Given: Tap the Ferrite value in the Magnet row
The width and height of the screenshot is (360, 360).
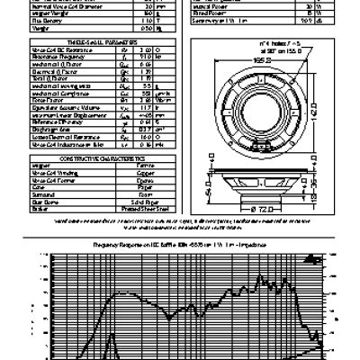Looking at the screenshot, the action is click(135, 164).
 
